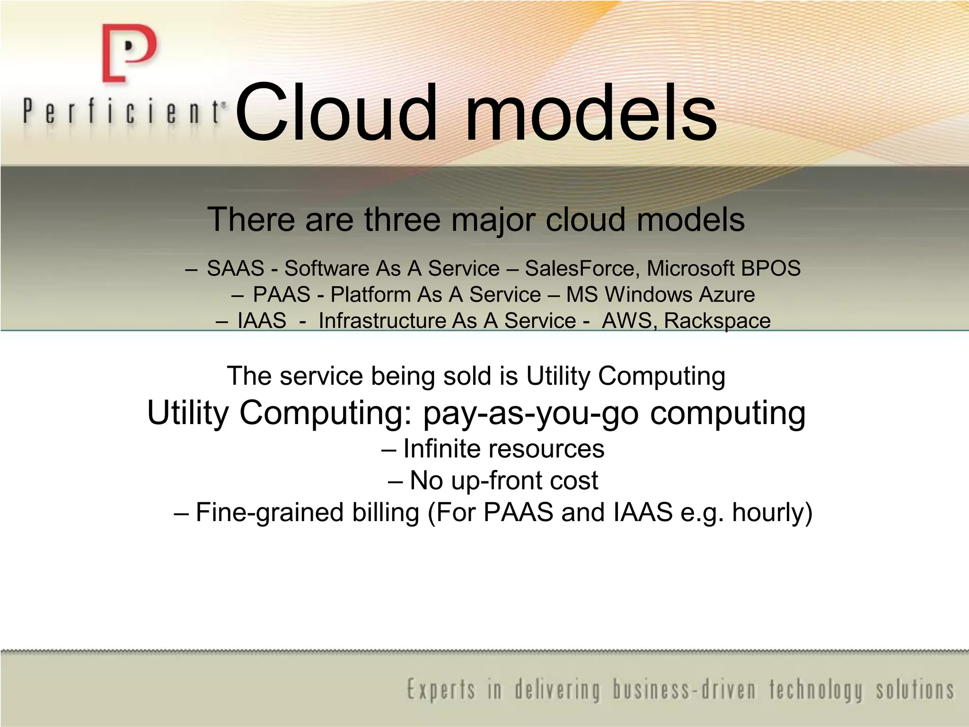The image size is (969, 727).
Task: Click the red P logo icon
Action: pos(129,53)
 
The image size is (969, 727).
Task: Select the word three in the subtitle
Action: pos(402,220)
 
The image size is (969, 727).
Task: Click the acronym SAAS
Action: pos(236,268)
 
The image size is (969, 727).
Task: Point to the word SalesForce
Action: pos(579,268)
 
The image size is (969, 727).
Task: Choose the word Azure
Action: pos(727,294)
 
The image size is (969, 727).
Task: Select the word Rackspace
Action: pos(717,320)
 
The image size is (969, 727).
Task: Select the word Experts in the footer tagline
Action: pos(441,690)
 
